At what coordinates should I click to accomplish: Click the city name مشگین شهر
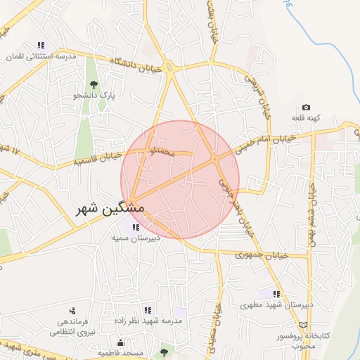(x=110, y=209)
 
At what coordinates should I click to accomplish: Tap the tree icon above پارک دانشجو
(x=94, y=85)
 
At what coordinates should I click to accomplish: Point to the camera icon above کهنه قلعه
(x=305, y=107)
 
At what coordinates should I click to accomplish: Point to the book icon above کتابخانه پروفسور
(x=304, y=325)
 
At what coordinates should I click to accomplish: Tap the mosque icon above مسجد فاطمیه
(x=121, y=342)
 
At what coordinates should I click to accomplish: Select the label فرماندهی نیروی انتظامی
(x=72, y=326)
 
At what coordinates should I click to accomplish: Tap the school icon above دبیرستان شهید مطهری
(x=276, y=294)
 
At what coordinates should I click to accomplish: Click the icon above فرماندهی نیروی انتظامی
(x=72, y=310)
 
